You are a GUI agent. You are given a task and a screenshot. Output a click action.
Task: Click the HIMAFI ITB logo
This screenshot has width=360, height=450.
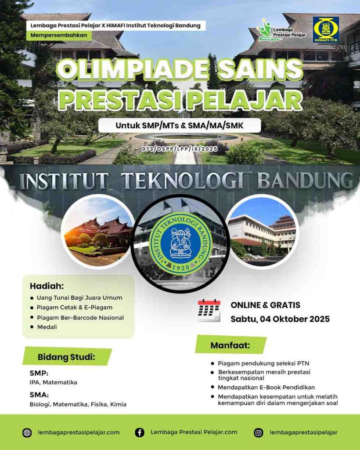(326, 30)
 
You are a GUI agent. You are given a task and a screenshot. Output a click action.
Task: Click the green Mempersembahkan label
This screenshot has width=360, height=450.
(59, 35)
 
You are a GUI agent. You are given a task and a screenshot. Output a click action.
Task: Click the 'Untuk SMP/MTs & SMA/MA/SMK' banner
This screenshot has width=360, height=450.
(180, 125)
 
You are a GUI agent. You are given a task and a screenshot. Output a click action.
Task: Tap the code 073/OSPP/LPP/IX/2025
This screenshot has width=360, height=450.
(180, 149)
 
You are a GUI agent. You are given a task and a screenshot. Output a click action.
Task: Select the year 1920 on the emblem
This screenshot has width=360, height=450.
(180, 267)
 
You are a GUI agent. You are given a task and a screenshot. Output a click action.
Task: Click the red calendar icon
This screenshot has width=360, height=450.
(209, 310)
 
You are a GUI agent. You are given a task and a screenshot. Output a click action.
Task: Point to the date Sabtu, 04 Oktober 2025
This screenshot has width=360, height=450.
(280, 319)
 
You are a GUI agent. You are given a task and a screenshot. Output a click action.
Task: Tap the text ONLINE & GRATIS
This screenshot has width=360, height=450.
(266, 305)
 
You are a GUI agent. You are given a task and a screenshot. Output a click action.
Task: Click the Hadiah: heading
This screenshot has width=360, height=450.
(47, 286)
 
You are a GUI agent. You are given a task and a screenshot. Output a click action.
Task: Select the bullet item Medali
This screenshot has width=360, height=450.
(47, 327)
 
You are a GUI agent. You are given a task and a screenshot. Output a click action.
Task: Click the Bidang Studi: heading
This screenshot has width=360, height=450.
(66, 357)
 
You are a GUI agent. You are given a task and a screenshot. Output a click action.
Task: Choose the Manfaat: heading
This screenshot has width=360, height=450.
(230, 345)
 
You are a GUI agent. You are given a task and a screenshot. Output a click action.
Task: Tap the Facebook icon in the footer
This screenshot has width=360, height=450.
(140, 432)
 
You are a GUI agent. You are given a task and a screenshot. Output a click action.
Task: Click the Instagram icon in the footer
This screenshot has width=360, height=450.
(258, 432)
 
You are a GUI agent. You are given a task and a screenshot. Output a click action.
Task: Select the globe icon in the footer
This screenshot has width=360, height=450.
(27, 432)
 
